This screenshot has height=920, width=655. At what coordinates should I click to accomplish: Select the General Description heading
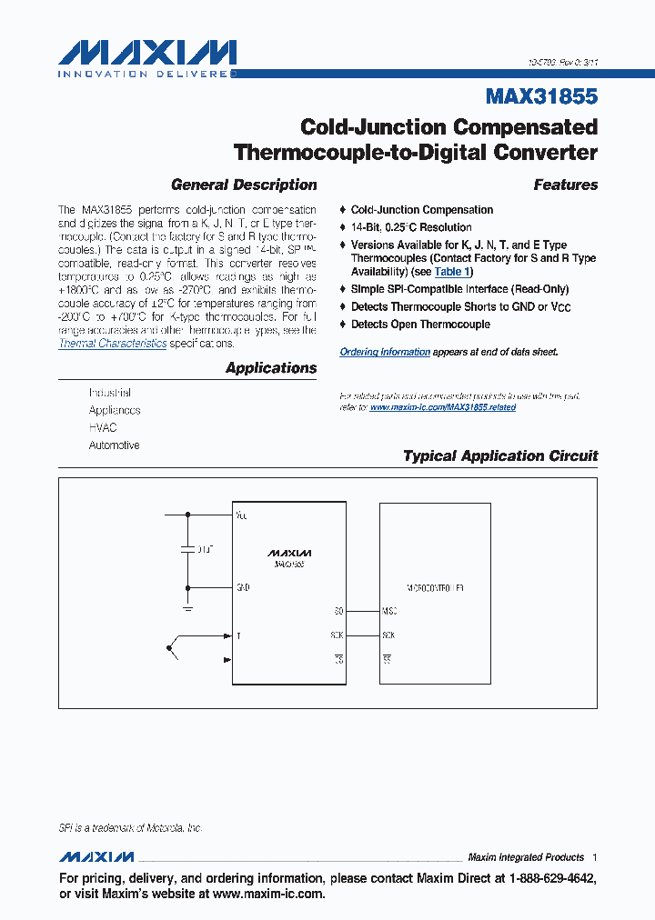coord(244,185)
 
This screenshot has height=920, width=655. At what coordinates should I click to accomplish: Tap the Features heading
coord(565,185)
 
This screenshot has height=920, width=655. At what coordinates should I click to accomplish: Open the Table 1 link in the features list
coord(452,272)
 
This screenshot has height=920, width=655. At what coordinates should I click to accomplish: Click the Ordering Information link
coord(384,352)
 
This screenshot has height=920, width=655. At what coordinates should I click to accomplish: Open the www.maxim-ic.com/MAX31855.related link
coord(442,407)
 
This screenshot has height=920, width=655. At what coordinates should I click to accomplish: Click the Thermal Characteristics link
coord(113,344)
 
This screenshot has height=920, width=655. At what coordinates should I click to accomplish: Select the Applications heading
coord(271,368)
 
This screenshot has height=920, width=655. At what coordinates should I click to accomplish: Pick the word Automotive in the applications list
coord(114,445)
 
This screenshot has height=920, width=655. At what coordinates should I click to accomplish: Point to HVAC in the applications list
coord(103,427)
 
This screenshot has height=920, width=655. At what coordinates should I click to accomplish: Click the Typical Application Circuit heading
coord(500,456)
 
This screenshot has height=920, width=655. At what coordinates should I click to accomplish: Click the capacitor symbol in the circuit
coord(187,550)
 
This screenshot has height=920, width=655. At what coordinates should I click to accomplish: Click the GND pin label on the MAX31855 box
coord(242,587)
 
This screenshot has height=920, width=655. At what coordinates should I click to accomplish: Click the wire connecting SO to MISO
coord(362,612)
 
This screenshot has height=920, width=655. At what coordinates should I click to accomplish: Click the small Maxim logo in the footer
coord(96,857)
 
